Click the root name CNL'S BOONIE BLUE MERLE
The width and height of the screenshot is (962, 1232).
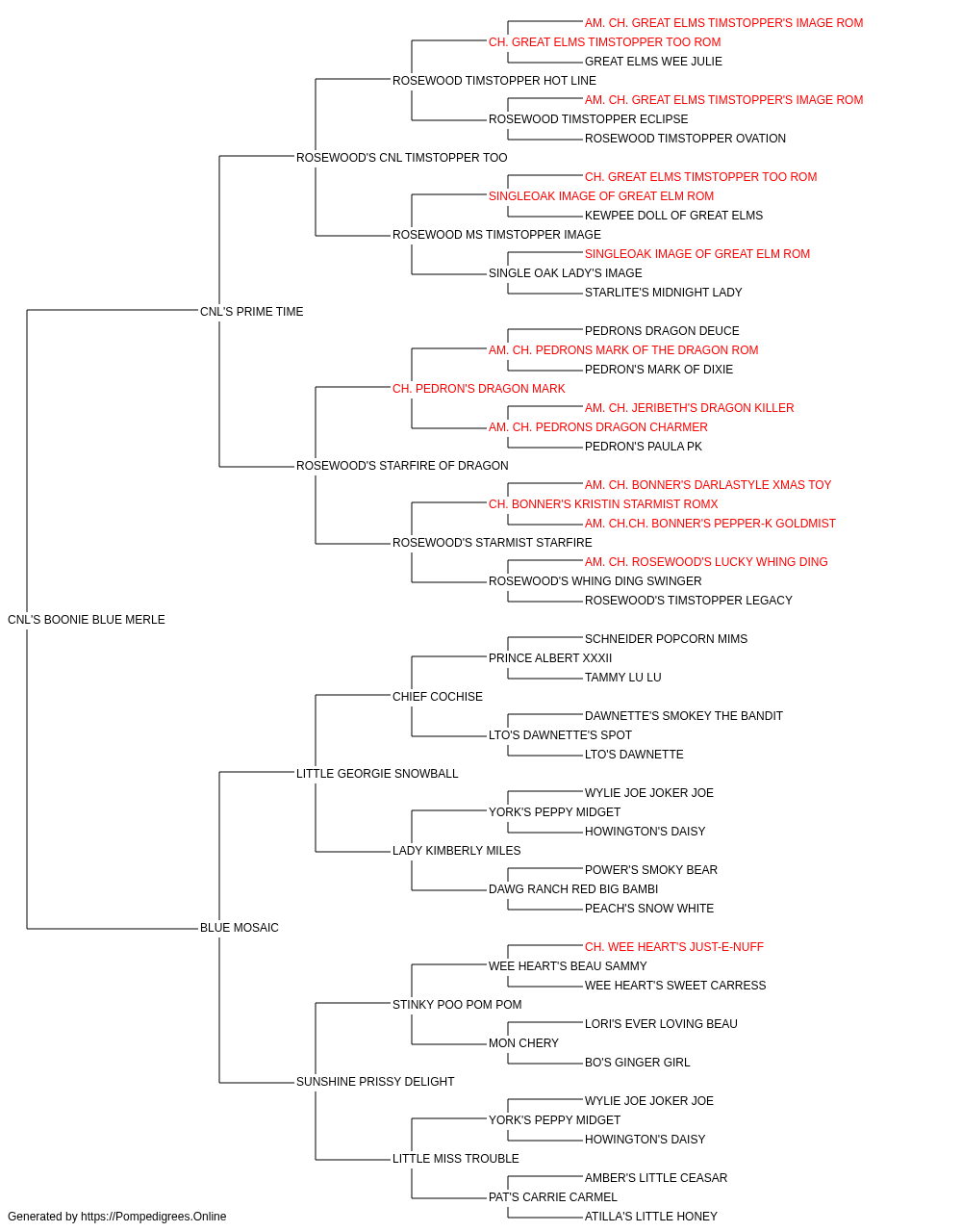[87, 620]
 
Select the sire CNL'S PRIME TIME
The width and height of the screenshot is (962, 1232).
[251, 312]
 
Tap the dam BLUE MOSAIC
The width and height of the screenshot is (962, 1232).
[240, 928]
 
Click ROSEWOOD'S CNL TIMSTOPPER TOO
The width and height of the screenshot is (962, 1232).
[402, 158]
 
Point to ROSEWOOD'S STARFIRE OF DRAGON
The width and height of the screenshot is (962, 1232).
[402, 466]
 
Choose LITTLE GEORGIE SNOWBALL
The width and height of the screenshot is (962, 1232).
[377, 773]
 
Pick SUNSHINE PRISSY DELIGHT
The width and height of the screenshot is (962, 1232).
[375, 1081]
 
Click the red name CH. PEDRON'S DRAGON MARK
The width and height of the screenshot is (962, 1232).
[479, 388]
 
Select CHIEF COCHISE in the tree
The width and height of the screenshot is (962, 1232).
[438, 696]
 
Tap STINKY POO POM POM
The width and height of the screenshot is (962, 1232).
[457, 1004]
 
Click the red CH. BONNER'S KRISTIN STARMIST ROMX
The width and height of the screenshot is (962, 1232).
[603, 504]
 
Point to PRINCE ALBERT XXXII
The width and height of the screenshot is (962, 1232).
[550, 657]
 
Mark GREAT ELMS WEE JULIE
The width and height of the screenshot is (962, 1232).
[653, 62]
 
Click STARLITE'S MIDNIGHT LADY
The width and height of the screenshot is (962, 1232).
[664, 292]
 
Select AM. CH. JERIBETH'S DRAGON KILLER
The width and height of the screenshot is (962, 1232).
[690, 408]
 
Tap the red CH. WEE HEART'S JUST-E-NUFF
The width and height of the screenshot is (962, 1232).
[674, 947]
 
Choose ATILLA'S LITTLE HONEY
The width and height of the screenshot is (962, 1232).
[651, 1217]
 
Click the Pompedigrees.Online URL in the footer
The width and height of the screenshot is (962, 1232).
[154, 1217]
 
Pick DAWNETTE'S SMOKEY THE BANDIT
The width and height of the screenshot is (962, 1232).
[684, 715]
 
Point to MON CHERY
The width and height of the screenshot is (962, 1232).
[523, 1042]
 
